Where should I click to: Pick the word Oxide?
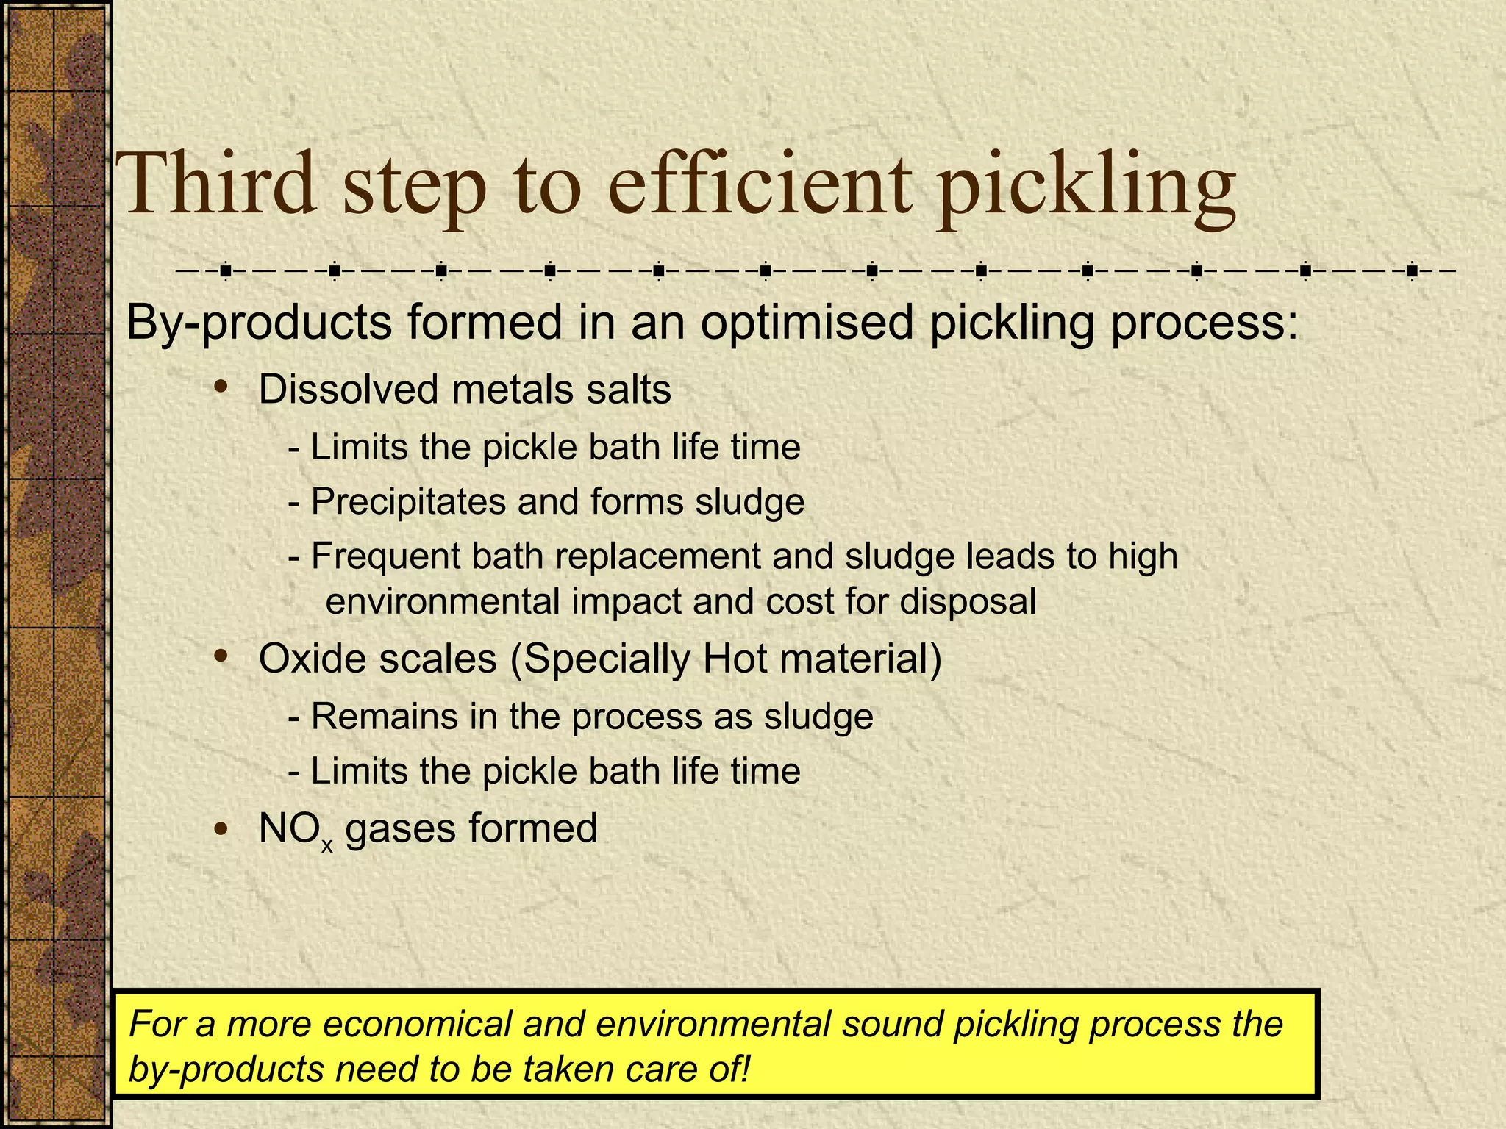(304, 658)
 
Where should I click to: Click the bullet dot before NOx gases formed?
(220, 829)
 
